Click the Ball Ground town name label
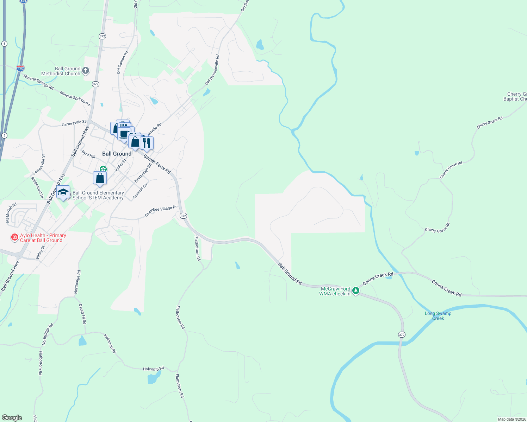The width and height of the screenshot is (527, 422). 117,154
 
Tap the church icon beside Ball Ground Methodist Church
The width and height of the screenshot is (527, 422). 86,71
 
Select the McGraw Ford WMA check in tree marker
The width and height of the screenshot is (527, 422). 356,291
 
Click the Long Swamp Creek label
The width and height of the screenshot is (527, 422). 438,316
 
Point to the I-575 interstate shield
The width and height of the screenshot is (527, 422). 20,69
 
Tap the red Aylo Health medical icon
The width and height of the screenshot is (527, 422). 15,238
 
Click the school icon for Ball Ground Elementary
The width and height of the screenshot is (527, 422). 63,192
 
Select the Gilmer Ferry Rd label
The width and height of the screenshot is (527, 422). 157,164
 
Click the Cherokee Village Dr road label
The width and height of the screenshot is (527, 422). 161,211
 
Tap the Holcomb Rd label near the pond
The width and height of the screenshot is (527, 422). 153,369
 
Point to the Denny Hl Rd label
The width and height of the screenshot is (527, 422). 82,314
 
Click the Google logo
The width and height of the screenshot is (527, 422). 12,418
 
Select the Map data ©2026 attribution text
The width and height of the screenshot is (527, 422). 512,419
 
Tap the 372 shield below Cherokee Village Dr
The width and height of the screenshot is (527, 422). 183,216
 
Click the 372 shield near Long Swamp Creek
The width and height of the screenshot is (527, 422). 402,334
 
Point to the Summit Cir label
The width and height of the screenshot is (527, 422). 140,191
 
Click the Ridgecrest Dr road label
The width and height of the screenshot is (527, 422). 37,187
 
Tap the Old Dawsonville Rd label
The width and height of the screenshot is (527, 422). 212,70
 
